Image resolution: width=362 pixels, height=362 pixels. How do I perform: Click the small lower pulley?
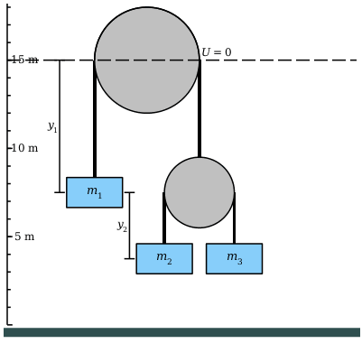tap(200, 192)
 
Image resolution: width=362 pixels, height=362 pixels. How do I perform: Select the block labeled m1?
tap(95, 192)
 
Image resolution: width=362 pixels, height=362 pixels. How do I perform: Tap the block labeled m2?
tap(164, 258)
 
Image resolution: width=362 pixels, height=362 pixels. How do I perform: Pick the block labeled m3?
tap(234, 258)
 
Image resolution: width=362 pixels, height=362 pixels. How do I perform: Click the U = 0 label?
tap(217, 52)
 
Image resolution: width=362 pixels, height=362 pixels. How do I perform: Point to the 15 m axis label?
tap(25, 60)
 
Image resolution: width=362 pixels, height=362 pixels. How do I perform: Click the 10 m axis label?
tap(24, 148)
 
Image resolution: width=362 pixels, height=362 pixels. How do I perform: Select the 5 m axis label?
tap(24, 237)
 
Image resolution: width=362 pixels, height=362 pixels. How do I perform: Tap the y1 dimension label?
tap(52, 126)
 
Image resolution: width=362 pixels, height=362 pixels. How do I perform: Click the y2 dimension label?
tap(122, 226)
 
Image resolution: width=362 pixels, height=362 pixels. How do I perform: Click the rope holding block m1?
tap(95, 118)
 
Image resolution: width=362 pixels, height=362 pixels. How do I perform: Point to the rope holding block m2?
tap(164, 218)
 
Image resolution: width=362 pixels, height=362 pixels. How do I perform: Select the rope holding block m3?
tap(234, 218)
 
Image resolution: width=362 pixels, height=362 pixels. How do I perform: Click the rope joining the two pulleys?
tap(200, 108)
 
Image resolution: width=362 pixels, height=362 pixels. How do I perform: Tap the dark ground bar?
tap(181, 332)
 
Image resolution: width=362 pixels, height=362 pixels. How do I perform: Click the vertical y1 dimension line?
tap(60, 126)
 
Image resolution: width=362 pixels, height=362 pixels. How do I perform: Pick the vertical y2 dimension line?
tap(129, 226)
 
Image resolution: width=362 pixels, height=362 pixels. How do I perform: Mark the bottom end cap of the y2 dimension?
tap(129, 258)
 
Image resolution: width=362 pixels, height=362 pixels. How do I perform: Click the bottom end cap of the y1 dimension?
tap(60, 192)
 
